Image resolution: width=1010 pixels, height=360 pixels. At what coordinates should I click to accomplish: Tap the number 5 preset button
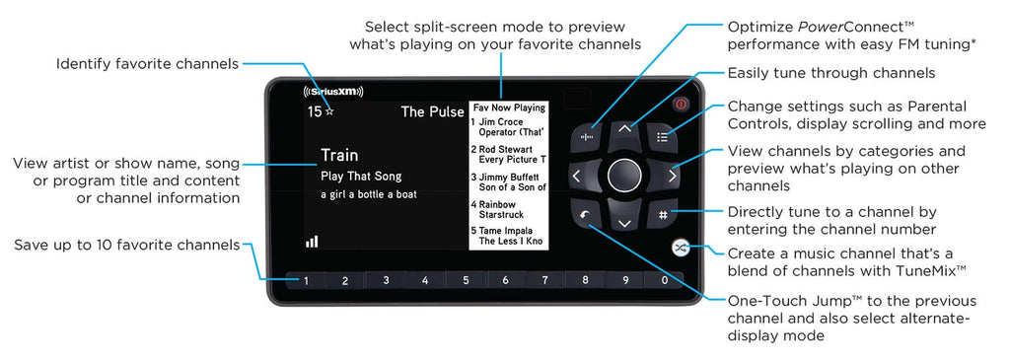(x=466, y=280)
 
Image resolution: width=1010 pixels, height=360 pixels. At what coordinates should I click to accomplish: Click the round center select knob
(x=624, y=176)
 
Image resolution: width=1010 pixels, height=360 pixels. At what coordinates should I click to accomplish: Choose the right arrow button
(x=670, y=176)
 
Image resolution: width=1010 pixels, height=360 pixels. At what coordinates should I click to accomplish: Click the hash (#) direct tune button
(x=663, y=214)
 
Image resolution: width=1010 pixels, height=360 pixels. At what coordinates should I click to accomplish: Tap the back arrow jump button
(x=586, y=214)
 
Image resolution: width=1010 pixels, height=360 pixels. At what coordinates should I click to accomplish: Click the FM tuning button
(x=586, y=136)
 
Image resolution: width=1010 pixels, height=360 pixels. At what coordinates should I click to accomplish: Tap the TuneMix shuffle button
(x=680, y=248)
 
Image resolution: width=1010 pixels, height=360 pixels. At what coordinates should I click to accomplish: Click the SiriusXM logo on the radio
(x=333, y=92)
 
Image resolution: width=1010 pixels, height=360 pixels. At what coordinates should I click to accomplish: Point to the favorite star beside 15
(x=329, y=111)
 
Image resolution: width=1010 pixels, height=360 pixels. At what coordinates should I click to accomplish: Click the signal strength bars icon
(x=313, y=241)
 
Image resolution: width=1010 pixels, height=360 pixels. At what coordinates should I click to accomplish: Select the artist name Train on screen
(x=339, y=155)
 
